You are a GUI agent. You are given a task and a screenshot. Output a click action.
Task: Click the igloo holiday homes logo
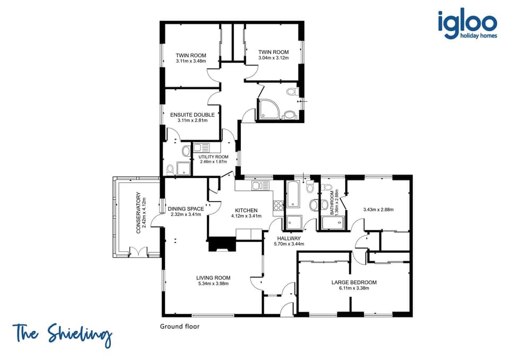click(467, 25)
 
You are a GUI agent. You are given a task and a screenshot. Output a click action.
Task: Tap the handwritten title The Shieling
click(63, 335)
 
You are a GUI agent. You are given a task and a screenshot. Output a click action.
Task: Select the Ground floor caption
click(180, 327)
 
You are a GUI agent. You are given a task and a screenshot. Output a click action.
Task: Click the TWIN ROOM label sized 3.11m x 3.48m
click(191, 56)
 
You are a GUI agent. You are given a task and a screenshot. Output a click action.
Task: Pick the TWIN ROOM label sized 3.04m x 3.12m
click(273, 52)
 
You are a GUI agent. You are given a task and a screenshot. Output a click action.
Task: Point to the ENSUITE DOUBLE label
click(192, 115)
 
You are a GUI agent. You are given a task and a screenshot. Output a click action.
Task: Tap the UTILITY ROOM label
click(213, 157)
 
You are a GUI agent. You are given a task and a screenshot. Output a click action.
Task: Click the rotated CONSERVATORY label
click(139, 213)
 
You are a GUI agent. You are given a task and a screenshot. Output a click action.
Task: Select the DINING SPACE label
click(186, 209)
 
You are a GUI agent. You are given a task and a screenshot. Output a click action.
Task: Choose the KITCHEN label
click(247, 210)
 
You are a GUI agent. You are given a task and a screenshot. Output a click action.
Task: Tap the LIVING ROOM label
click(213, 278)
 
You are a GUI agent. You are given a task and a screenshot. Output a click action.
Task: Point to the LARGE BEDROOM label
click(350, 282)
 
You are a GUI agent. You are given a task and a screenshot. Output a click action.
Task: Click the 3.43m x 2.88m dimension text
click(378, 209)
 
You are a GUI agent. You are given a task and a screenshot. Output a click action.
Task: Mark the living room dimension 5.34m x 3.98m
click(213, 284)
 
